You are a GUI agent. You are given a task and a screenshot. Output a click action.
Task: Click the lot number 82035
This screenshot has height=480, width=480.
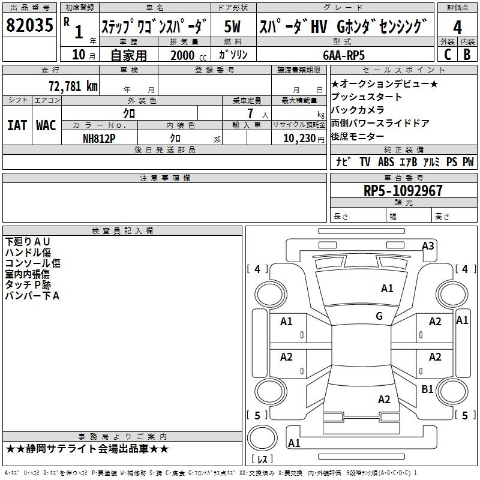click(x=29, y=25)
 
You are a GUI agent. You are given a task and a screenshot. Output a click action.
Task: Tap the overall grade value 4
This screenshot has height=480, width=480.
click(x=457, y=28)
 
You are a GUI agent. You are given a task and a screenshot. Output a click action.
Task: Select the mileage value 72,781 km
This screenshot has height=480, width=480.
click(x=73, y=86)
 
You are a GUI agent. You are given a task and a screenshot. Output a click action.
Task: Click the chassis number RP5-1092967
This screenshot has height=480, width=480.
click(x=403, y=190)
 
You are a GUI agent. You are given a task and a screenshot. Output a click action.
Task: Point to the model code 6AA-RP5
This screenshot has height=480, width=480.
click(x=344, y=55)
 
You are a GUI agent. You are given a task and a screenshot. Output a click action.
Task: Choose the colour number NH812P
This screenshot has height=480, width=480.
click(x=99, y=139)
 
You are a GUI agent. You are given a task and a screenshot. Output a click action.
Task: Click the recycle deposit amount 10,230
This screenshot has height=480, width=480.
click(x=299, y=139)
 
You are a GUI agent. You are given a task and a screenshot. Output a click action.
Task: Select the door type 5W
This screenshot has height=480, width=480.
click(x=232, y=26)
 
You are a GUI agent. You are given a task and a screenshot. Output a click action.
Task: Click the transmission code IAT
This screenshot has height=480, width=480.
click(x=17, y=125)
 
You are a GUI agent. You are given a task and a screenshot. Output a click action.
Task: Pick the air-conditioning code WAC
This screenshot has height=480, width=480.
click(x=46, y=125)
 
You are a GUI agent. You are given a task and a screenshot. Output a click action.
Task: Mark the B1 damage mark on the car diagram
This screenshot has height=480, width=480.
click(x=427, y=389)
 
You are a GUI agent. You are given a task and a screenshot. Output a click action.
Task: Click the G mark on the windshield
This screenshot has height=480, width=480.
click(x=379, y=316)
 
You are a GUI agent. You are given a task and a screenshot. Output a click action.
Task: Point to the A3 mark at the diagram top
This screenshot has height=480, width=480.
click(x=428, y=245)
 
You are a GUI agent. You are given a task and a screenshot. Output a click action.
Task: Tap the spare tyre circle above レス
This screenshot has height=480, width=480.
click(x=262, y=438)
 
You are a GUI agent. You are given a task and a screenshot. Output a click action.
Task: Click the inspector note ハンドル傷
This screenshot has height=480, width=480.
click(x=28, y=253)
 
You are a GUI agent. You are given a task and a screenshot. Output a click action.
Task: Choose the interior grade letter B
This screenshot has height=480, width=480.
click(x=467, y=55)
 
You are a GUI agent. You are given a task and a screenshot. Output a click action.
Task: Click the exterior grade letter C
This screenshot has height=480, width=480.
click(x=448, y=55)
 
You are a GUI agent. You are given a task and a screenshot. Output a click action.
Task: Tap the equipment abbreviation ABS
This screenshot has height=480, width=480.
click(x=386, y=162)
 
